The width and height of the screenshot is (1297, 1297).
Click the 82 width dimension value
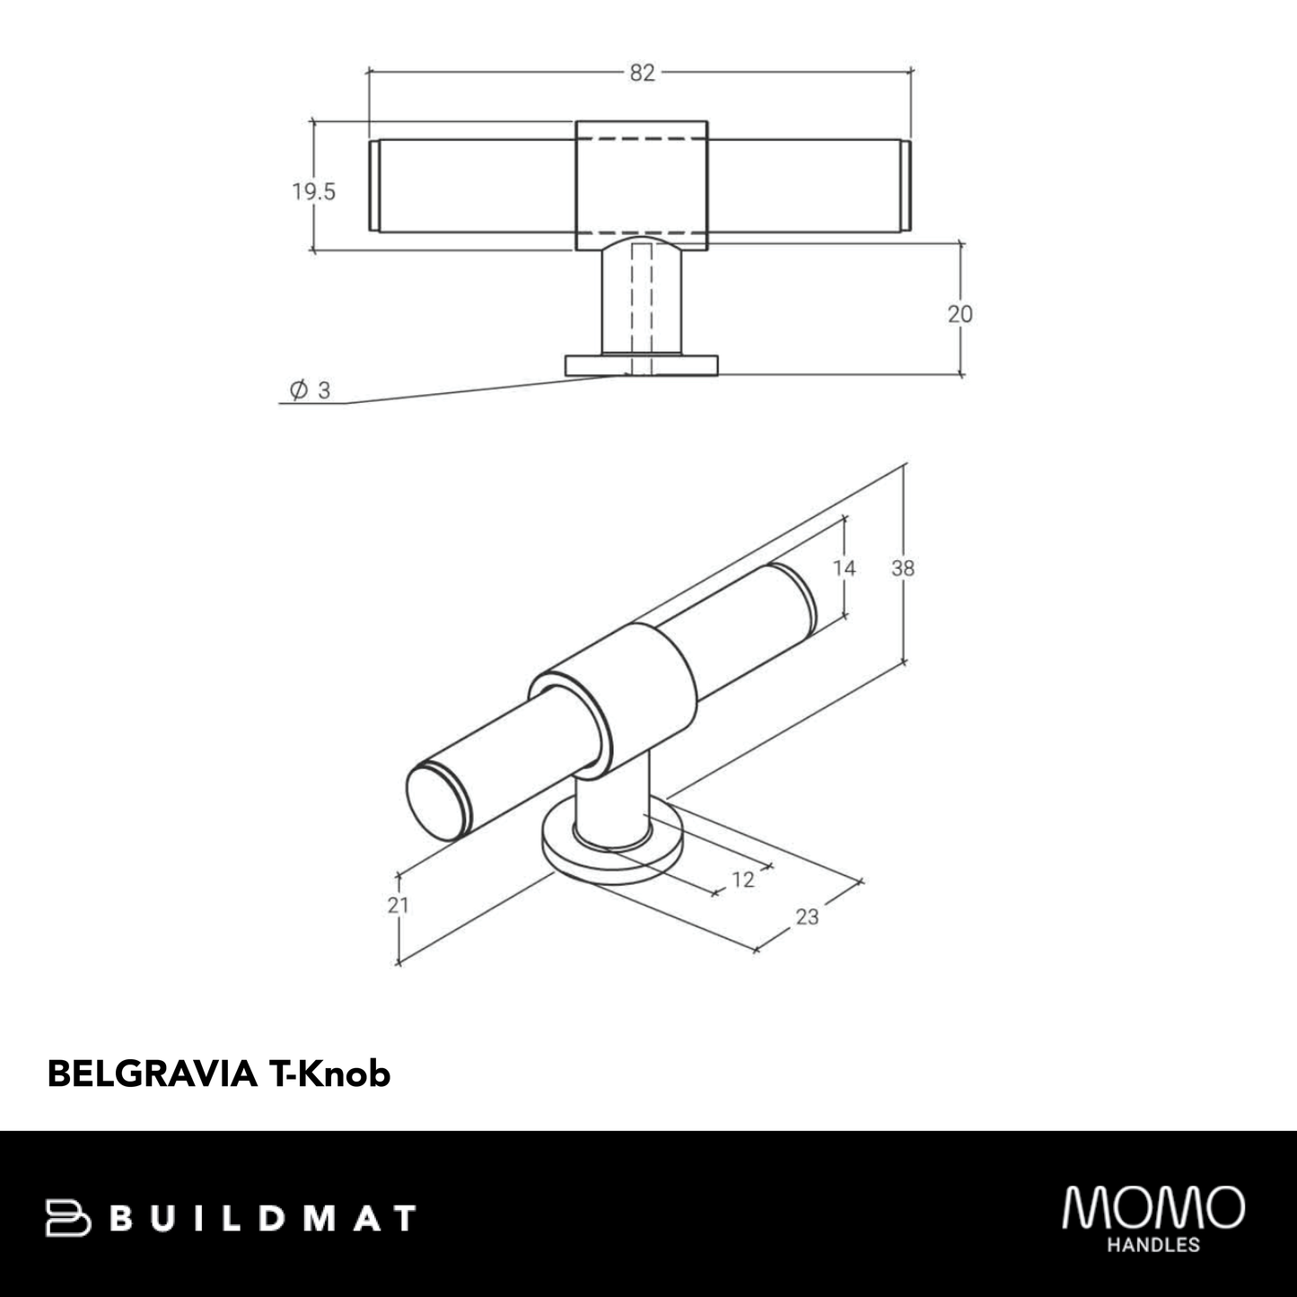[x=642, y=74]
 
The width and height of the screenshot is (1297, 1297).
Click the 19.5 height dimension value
[x=313, y=191]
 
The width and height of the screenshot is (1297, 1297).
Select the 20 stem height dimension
[x=960, y=313]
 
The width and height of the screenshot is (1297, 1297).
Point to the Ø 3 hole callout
[x=311, y=390]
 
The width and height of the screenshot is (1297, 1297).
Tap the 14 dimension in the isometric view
[x=844, y=567]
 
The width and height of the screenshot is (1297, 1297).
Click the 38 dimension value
[x=903, y=567]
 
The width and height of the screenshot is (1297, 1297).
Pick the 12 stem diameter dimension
[x=743, y=880]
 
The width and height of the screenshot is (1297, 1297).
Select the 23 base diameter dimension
[x=808, y=916]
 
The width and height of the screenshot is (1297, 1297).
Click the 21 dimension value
[x=398, y=905]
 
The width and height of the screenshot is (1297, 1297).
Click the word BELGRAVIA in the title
[x=152, y=1074]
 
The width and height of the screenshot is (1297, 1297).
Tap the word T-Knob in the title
[x=329, y=1074]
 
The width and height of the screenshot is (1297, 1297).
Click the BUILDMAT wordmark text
[x=266, y=1219]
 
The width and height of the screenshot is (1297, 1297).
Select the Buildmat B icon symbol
[x=68, y=1218]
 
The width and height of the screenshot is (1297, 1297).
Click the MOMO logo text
[x=1153, y=1208]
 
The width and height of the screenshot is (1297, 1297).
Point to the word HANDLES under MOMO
[x=1153, y=1245]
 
